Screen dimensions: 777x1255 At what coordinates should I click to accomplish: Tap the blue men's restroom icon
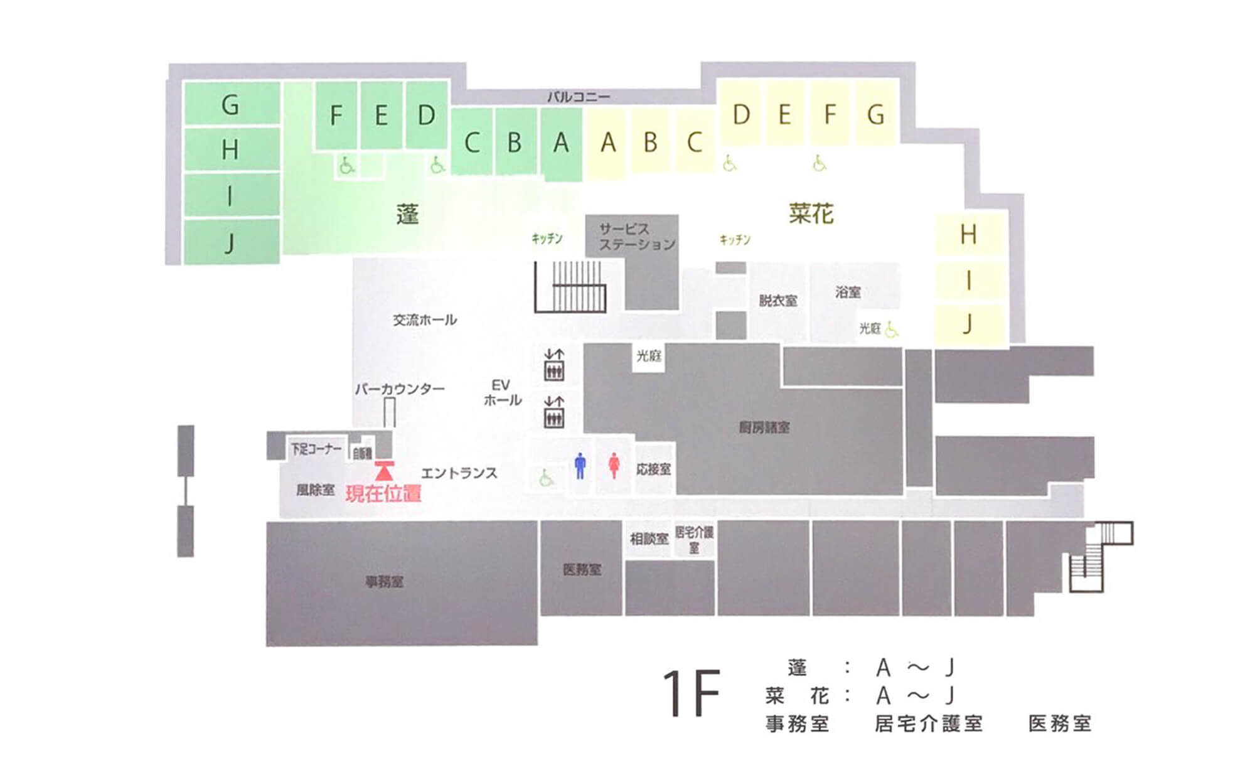580,466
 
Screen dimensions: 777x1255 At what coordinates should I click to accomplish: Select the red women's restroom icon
614,466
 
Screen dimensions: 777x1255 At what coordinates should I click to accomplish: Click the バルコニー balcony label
578,97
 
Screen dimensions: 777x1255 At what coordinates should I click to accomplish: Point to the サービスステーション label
636,237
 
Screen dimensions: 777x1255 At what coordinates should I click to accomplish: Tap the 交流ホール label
425,320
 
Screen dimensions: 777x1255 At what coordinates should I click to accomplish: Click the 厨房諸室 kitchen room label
764,428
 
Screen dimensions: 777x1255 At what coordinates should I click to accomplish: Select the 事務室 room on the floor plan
385,582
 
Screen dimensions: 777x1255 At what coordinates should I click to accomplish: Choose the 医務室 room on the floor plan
582,569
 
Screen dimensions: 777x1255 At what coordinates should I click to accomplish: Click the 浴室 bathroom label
848,292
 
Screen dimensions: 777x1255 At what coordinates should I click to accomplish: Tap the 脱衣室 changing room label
778,301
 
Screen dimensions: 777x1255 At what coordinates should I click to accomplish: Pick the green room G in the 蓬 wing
230,105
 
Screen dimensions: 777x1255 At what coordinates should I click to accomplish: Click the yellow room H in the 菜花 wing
968,235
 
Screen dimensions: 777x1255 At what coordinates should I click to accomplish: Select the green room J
230,242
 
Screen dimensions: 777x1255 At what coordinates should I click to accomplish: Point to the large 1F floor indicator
691,694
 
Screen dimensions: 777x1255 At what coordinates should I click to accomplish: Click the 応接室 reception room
653,469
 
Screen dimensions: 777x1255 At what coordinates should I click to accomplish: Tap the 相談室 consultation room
649,539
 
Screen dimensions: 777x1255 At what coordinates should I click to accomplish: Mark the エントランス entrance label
459,473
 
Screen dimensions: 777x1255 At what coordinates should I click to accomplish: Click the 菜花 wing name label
811,214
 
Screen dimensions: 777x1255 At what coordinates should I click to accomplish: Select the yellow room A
607,143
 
